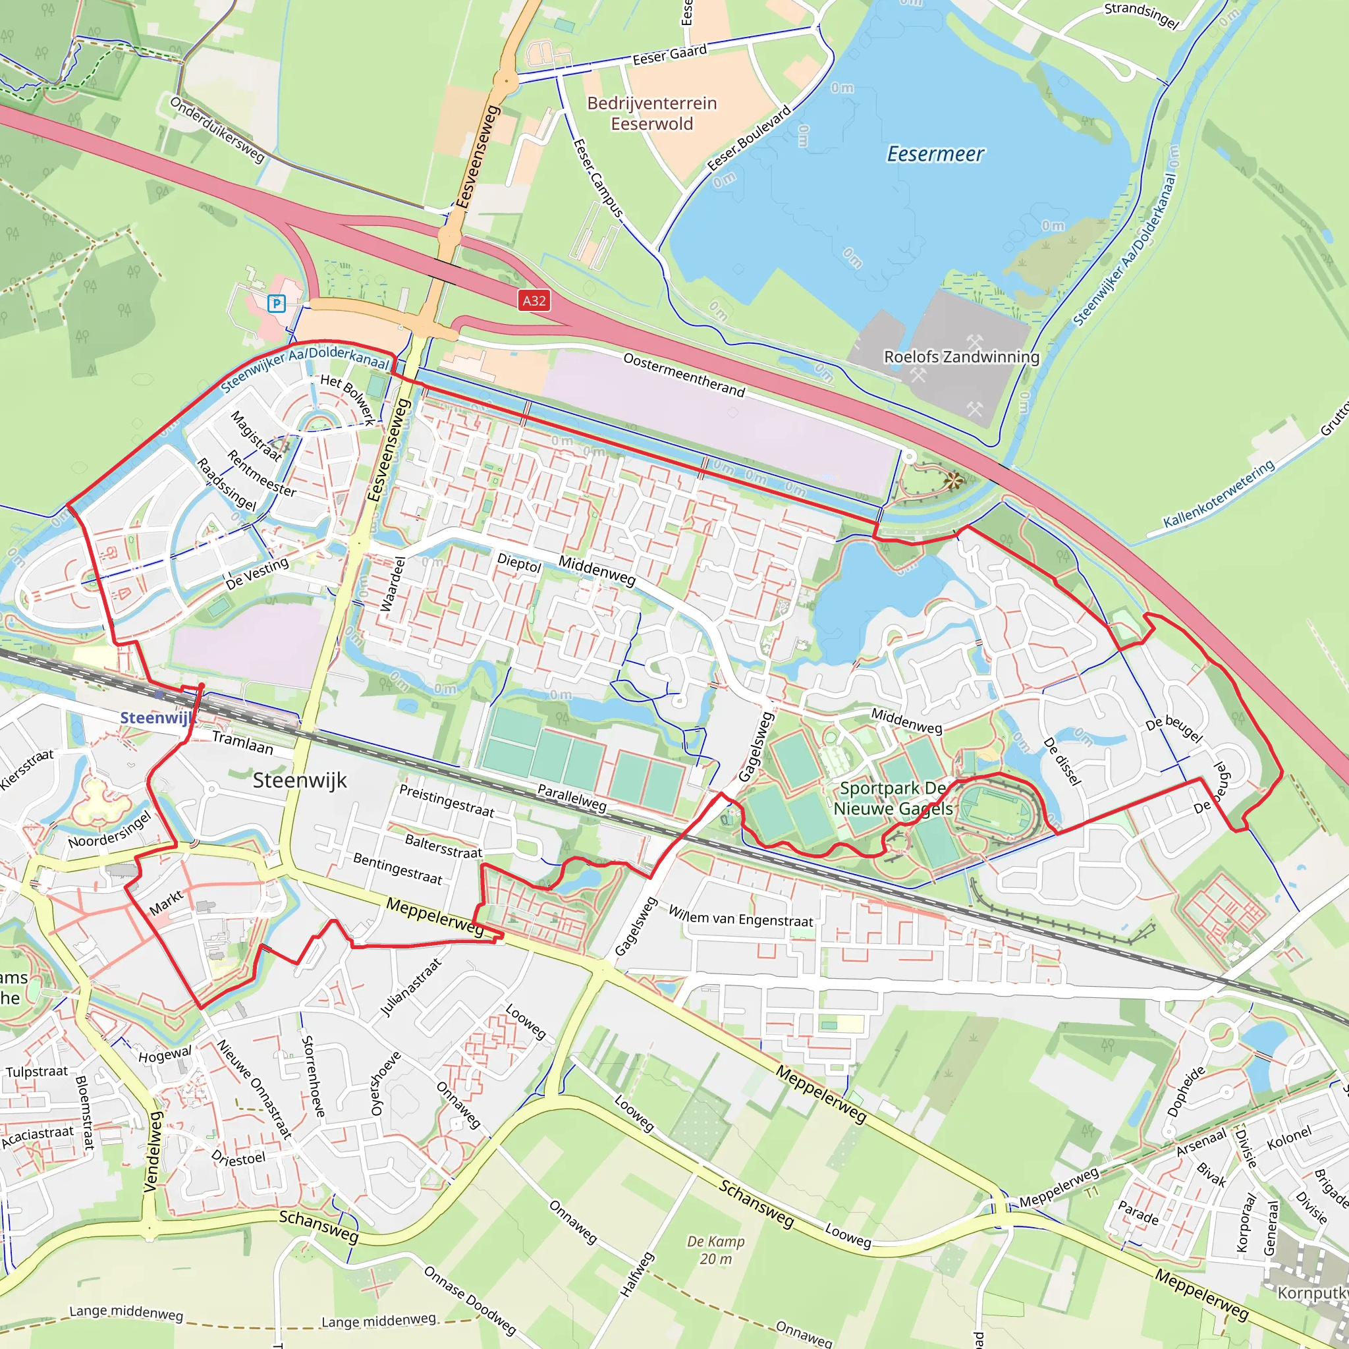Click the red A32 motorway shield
click(x=534, y=301)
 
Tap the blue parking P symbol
click(x=277, y=304)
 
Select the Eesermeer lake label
click(x=935, y=153)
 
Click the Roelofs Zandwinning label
click(x=962, y=357)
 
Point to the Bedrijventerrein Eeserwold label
click(x=651, y=113)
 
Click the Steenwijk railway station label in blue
click(x=155, y=718)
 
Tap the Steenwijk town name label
click(x=300, y=780)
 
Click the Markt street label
click(x=166, y=903)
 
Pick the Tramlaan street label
click(x=242, y=742)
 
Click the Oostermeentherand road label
click(x=684, y=375)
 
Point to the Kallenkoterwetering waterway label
click(x=1219, y=493)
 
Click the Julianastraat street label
click(x=410, y=987)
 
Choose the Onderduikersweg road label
click(x=218, y=130)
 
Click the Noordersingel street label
click(x=109, y=829)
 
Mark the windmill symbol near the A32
click(x=953, y=480)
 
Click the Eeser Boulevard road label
click(x=749, y=138)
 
